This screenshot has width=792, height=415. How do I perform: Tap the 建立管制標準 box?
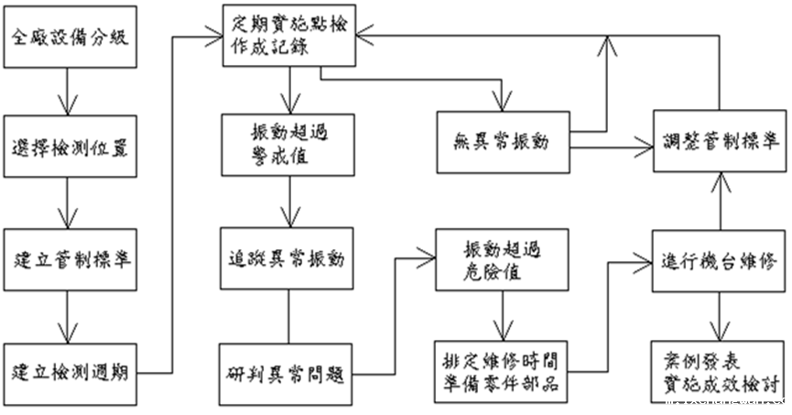pos(71,257)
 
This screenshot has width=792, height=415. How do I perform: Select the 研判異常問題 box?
pos(289,374)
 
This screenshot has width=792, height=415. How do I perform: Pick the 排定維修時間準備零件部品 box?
pos(501,372)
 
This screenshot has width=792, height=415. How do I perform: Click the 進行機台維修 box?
pos(720,259)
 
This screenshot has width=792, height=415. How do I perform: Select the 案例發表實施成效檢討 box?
pos(720,369)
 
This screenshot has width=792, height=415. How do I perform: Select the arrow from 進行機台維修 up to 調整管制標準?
pos(720,200)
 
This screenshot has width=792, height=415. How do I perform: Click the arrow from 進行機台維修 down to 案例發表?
pos(720,314)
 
